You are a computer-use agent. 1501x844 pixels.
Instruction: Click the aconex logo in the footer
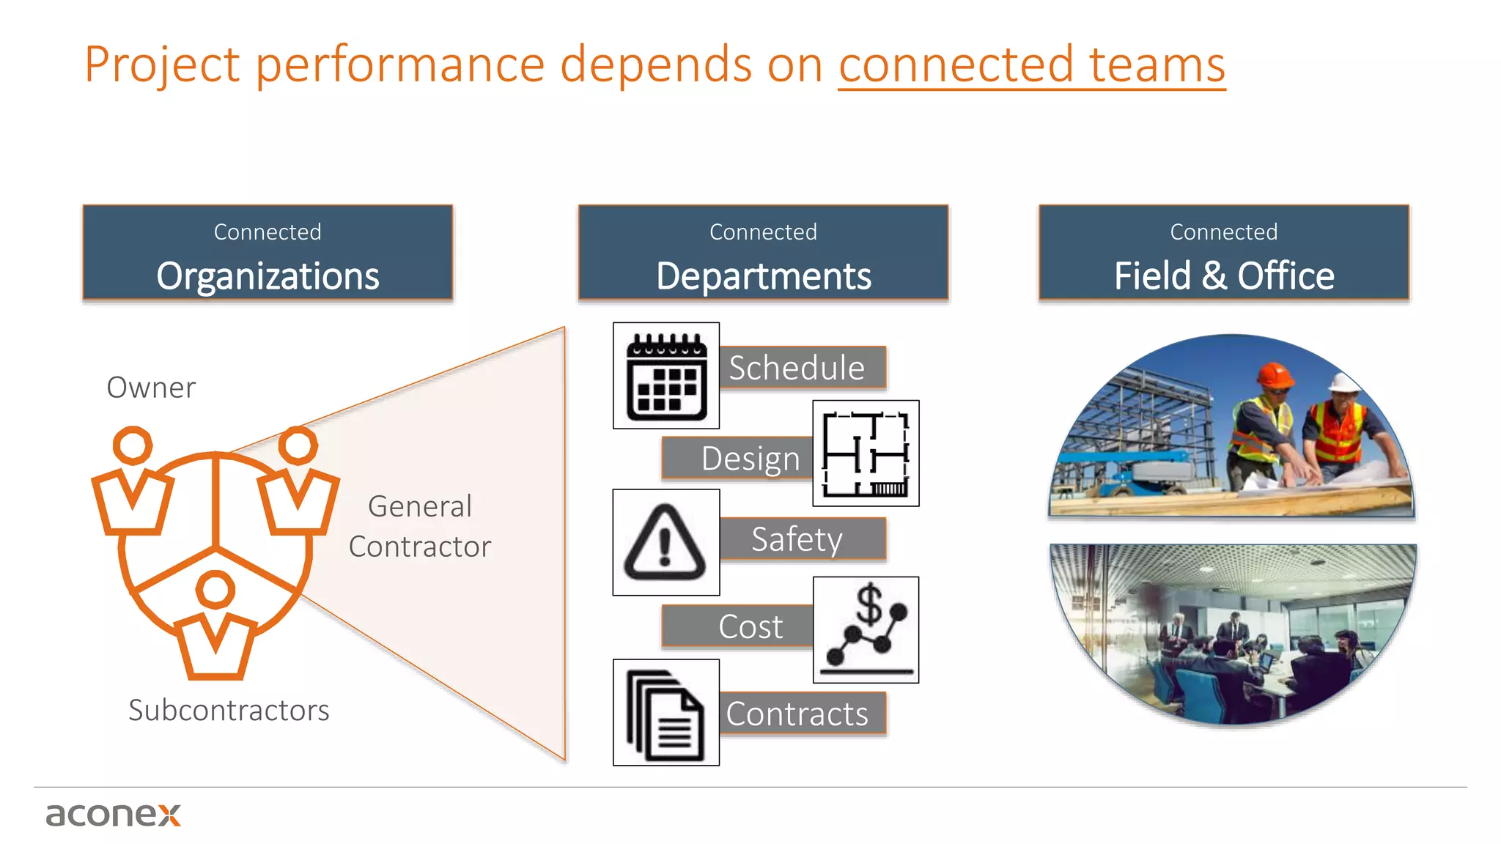point(113,815)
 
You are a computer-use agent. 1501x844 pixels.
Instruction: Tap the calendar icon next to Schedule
point(666,376)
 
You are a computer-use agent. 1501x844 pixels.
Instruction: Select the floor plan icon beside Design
point(866,454)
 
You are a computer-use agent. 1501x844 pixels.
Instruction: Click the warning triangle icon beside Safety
point(665,543)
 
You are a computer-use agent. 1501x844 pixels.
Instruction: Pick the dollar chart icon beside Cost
point(866,630)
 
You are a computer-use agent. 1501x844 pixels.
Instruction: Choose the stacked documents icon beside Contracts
point(665,713)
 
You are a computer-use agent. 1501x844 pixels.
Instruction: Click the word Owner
point(151,388)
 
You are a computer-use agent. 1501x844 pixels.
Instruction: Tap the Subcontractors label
point(229,710)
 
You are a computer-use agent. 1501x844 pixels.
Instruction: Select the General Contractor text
point(420,526)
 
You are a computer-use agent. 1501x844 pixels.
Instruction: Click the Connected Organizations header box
point(268,253)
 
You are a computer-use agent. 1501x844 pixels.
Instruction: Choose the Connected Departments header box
point(763,253)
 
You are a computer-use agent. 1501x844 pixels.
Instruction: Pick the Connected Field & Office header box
point(1223,253)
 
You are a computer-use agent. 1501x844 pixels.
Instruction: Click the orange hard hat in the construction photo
point(1275,375)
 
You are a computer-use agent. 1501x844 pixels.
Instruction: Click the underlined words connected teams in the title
point(1031,64)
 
